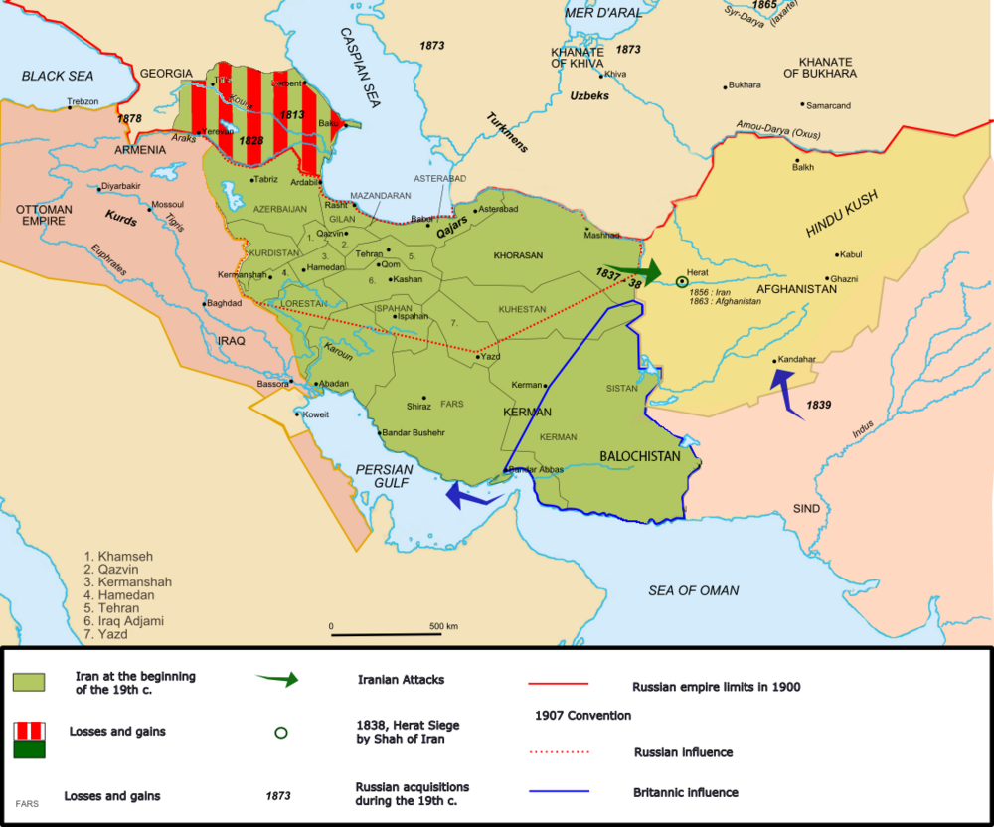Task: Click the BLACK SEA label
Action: (57, 76)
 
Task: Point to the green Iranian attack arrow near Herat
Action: (636, 269)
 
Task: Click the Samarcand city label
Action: (829, 105)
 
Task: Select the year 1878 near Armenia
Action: (129, 118)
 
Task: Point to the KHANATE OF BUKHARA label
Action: (819, 66)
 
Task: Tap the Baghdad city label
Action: (224, 303)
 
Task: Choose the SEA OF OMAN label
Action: (693, 590)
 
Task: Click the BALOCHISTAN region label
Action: (639, 456)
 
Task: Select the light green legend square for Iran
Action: (29, 682)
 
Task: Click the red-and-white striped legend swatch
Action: (29, 730)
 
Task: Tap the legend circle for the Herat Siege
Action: (281, 733)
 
